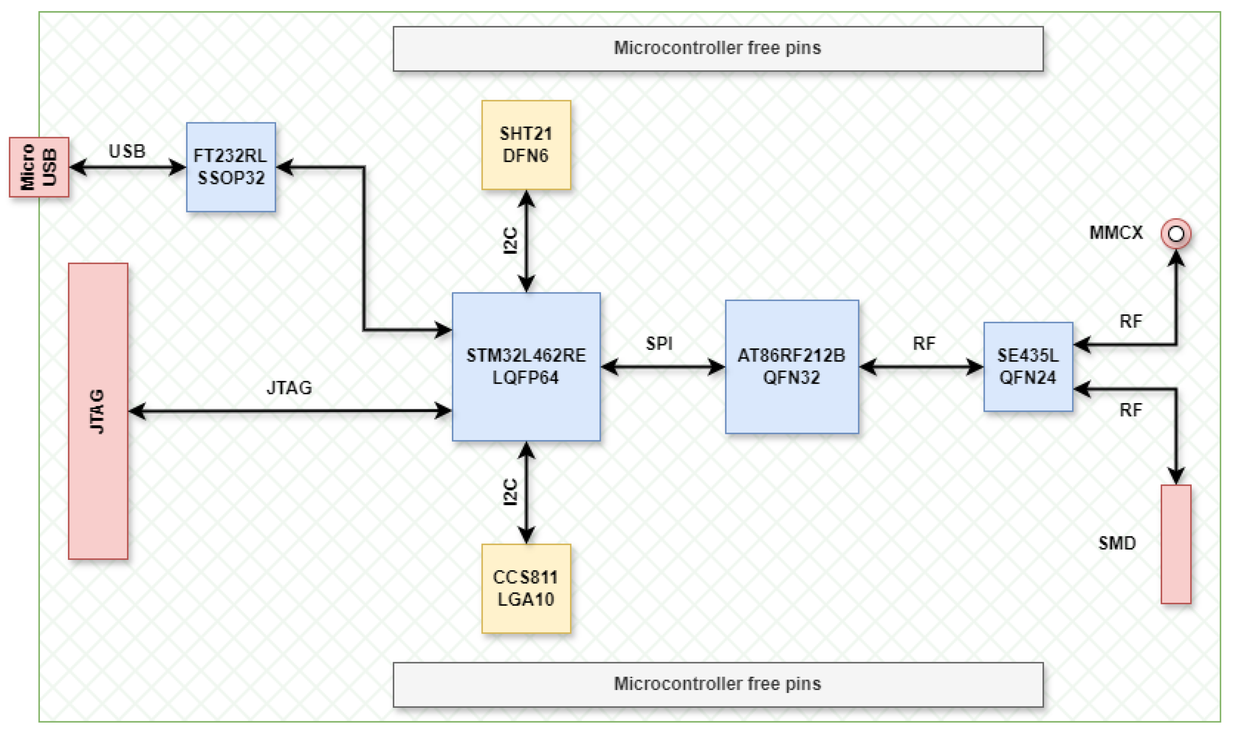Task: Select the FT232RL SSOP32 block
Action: click(230, 167)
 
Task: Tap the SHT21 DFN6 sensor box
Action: click(526, 145)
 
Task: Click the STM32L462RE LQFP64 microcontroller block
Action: click(526, 366)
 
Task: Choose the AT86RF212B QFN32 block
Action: click(791, 366)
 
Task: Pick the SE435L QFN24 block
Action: click(1028, 366)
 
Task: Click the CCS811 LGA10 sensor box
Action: click(526, 588)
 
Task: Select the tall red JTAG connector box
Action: click(98, 411)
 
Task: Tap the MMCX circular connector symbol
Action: click(1175, 234)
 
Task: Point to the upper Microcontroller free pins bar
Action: click(718, 49)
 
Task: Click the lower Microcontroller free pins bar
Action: click(718, 684)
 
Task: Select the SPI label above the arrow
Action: click(659, 343)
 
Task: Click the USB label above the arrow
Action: click(127, 151)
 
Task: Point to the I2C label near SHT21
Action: click(511, 240)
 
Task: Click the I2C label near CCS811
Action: click(511, 492)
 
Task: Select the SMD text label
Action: click(1117, 543)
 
